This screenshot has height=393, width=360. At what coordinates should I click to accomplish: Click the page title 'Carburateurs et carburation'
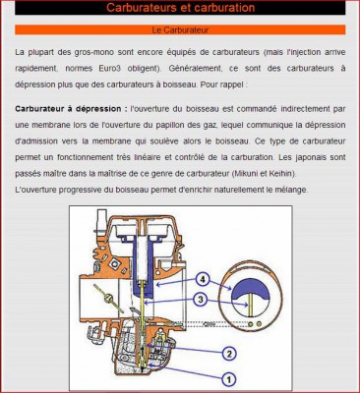tap(180, 9)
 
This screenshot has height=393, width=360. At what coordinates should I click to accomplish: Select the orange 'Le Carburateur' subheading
tap(180, 30)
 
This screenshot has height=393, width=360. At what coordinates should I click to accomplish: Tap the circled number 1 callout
tap(229, 376)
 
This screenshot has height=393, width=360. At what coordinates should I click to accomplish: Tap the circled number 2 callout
tap(229, 353)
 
